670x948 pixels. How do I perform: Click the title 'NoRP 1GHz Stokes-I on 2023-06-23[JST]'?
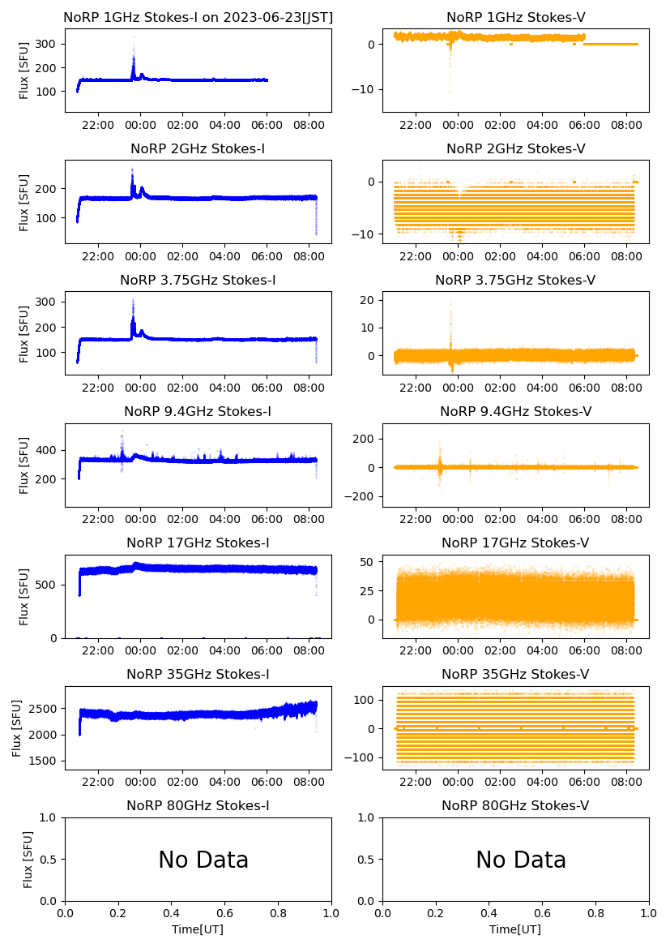198,17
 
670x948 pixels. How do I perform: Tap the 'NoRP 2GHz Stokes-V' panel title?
516,148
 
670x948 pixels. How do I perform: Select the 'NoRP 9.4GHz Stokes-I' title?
198,411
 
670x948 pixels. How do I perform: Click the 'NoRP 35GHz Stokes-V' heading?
516,674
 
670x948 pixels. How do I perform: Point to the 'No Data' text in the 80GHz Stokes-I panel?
203,860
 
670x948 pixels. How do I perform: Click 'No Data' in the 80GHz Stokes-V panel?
521,860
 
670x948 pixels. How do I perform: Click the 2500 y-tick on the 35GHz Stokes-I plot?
45,709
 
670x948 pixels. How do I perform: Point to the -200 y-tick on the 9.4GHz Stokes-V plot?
362,497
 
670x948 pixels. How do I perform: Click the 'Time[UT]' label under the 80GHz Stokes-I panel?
198,929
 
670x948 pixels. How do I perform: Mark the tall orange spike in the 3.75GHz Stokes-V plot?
450,308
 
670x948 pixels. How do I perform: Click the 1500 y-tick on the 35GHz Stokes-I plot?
45,761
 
